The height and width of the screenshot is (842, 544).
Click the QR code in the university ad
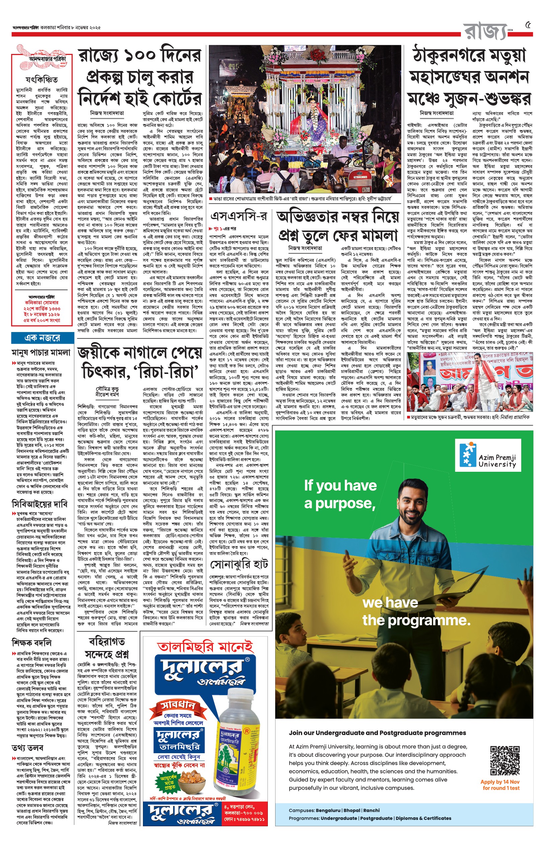click(x=504, y=760)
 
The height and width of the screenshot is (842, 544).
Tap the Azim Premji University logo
click(x=488, y=455)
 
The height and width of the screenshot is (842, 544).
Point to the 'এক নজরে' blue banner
click(x=43, y=338)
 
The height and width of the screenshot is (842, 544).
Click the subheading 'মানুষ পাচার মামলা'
click(x=41, y=352)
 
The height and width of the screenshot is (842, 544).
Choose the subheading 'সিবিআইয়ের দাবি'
click(x=39, y=504)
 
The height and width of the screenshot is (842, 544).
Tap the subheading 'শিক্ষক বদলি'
click(x=31, y=642)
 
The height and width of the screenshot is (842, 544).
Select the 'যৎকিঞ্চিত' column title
click(x=42, y=79)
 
